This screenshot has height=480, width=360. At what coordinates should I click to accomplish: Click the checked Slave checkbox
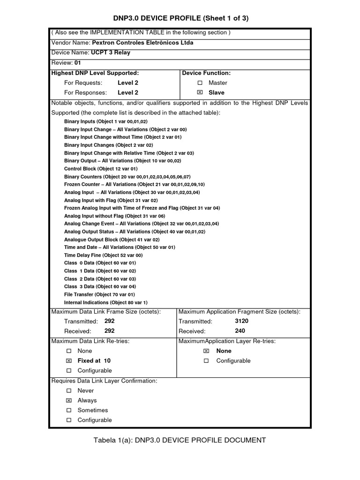click(200, 93)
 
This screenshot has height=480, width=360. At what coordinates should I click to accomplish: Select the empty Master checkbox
click(200, 83)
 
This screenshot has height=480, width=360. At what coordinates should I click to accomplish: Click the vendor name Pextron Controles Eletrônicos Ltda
click(142, 43)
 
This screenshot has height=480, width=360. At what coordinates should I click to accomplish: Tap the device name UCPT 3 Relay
click(111, 52)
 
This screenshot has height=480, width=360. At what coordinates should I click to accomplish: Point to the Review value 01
click(78, 63)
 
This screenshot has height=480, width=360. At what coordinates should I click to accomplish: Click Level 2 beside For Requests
click(127, 83)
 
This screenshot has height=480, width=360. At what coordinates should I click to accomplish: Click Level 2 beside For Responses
click(127, 93)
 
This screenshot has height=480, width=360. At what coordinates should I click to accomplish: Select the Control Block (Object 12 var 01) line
click(101, 169)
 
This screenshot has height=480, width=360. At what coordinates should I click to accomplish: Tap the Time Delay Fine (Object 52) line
click(103, 255)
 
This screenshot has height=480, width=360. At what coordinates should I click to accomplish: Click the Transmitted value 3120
click(241, 322)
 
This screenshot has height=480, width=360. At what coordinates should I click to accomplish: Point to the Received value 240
click(240, 331)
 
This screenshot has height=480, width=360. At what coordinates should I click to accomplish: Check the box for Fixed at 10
click(69, 361)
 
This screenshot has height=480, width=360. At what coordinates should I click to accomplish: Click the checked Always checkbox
click(69, 401)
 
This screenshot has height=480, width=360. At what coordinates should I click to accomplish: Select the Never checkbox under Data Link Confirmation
click(69, 391)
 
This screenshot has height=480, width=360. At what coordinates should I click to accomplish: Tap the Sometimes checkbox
click(69, 411)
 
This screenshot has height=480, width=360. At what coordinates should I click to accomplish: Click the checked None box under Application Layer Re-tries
click(206, 351)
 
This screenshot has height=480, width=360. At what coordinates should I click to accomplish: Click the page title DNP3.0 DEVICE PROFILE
click(181, 18)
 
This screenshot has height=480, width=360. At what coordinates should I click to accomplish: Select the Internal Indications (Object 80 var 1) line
click(105, 302)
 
